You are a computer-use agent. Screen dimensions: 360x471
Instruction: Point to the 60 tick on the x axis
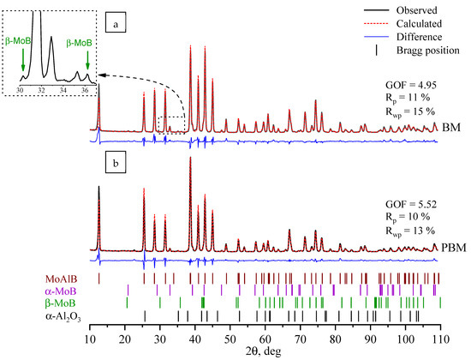pyautogui.click(x=265, y=338)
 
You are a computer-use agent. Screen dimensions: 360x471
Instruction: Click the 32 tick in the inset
pyautogui.click(x=42, y=88)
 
